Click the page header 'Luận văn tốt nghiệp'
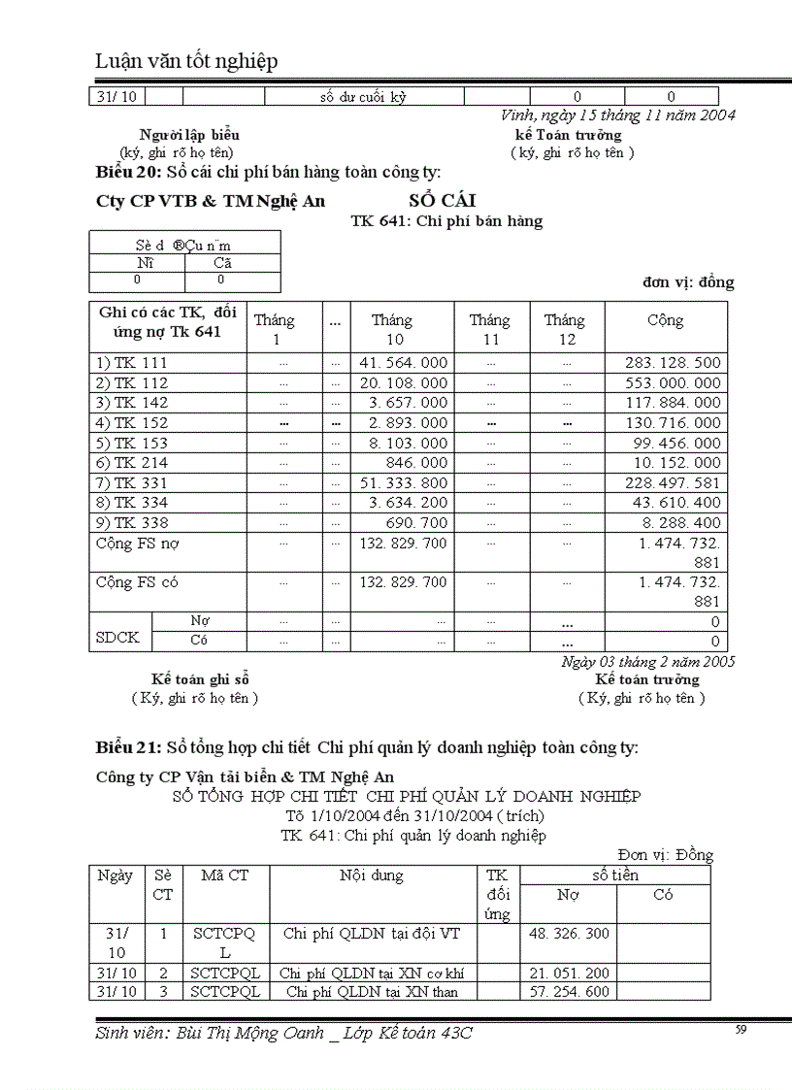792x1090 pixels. [186, 61]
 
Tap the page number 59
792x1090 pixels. [741, 1030]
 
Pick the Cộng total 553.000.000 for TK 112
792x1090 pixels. [666, 383]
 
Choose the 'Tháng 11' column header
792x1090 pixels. [490, 330]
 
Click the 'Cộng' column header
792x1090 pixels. [666, 320]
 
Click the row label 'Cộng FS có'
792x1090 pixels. [137, 583]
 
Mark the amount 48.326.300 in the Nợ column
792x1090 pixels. [569, 934]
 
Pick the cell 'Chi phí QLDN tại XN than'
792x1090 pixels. [372, 992]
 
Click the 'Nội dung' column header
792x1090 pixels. [372, 875]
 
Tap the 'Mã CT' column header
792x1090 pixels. [225, 875]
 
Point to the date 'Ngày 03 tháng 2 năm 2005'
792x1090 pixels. [647, 662]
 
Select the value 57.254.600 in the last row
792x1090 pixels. [569, 992]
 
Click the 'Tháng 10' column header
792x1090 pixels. [392, 330]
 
